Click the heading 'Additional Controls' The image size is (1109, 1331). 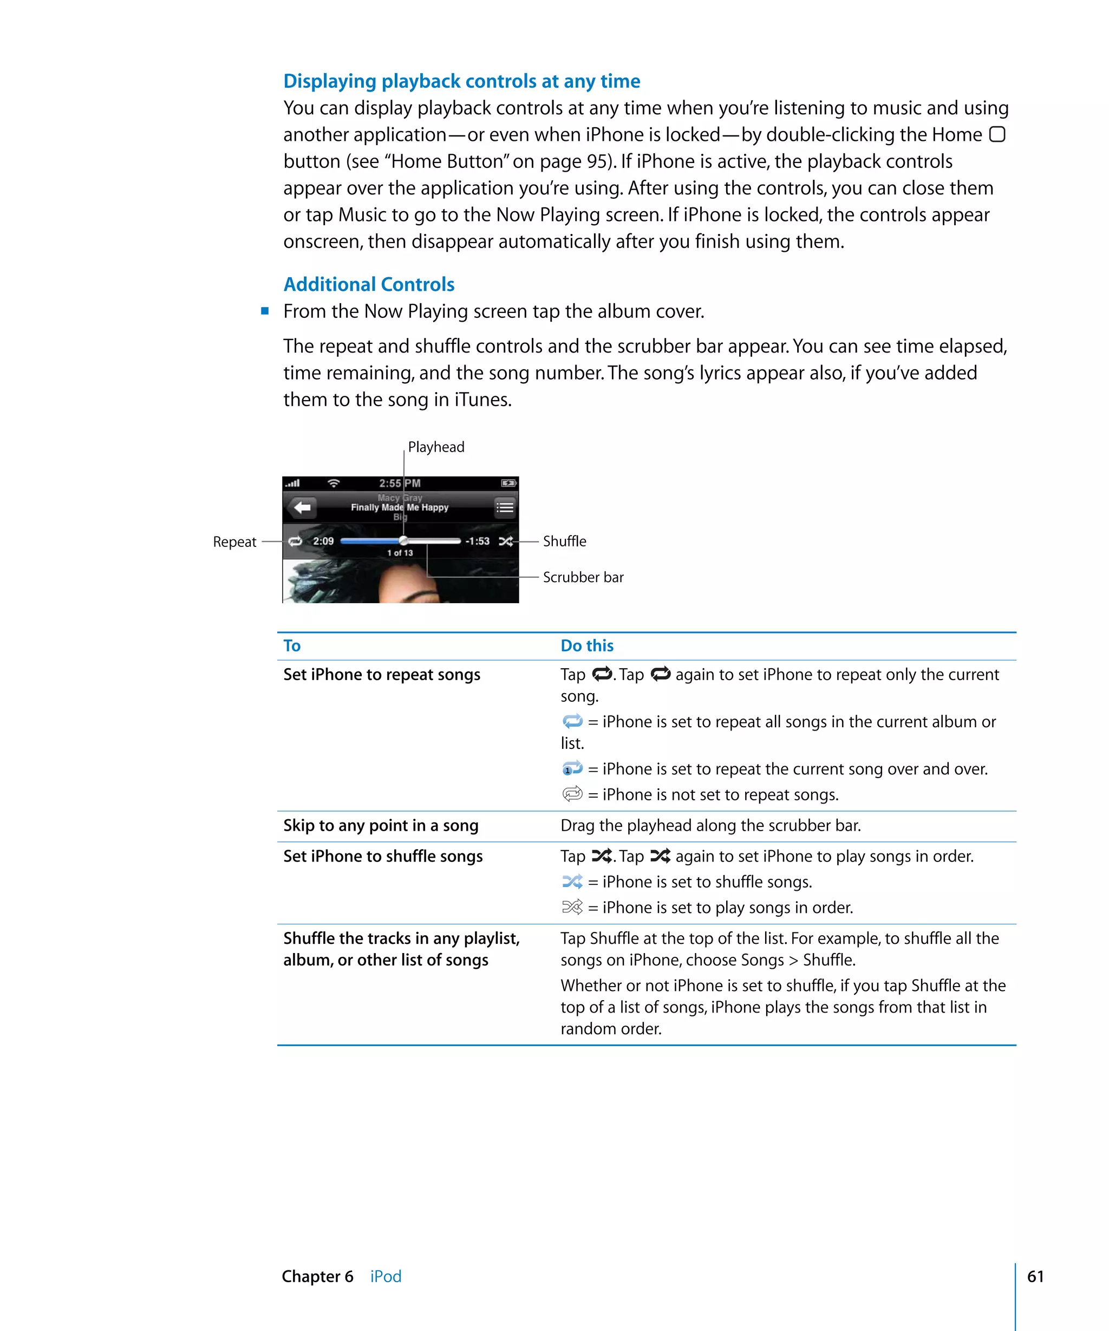369,285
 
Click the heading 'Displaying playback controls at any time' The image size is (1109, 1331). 461,81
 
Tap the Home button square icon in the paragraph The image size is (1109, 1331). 997,134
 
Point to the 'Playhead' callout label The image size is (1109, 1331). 436,447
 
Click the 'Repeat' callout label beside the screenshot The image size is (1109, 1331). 234,542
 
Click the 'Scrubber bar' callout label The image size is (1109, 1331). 583,577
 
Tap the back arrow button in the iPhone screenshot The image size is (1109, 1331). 302,507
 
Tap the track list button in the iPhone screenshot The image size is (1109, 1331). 505,507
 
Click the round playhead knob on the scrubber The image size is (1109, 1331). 403,540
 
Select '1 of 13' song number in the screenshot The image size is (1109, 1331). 400,553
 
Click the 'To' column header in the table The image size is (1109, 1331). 291,646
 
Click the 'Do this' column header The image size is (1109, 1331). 587,646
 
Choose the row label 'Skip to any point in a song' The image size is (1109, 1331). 380,826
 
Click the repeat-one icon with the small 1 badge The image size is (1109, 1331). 572,769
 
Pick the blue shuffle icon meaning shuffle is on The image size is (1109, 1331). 572,882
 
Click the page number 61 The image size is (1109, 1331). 1035,1276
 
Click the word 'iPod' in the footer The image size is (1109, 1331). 386,1276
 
